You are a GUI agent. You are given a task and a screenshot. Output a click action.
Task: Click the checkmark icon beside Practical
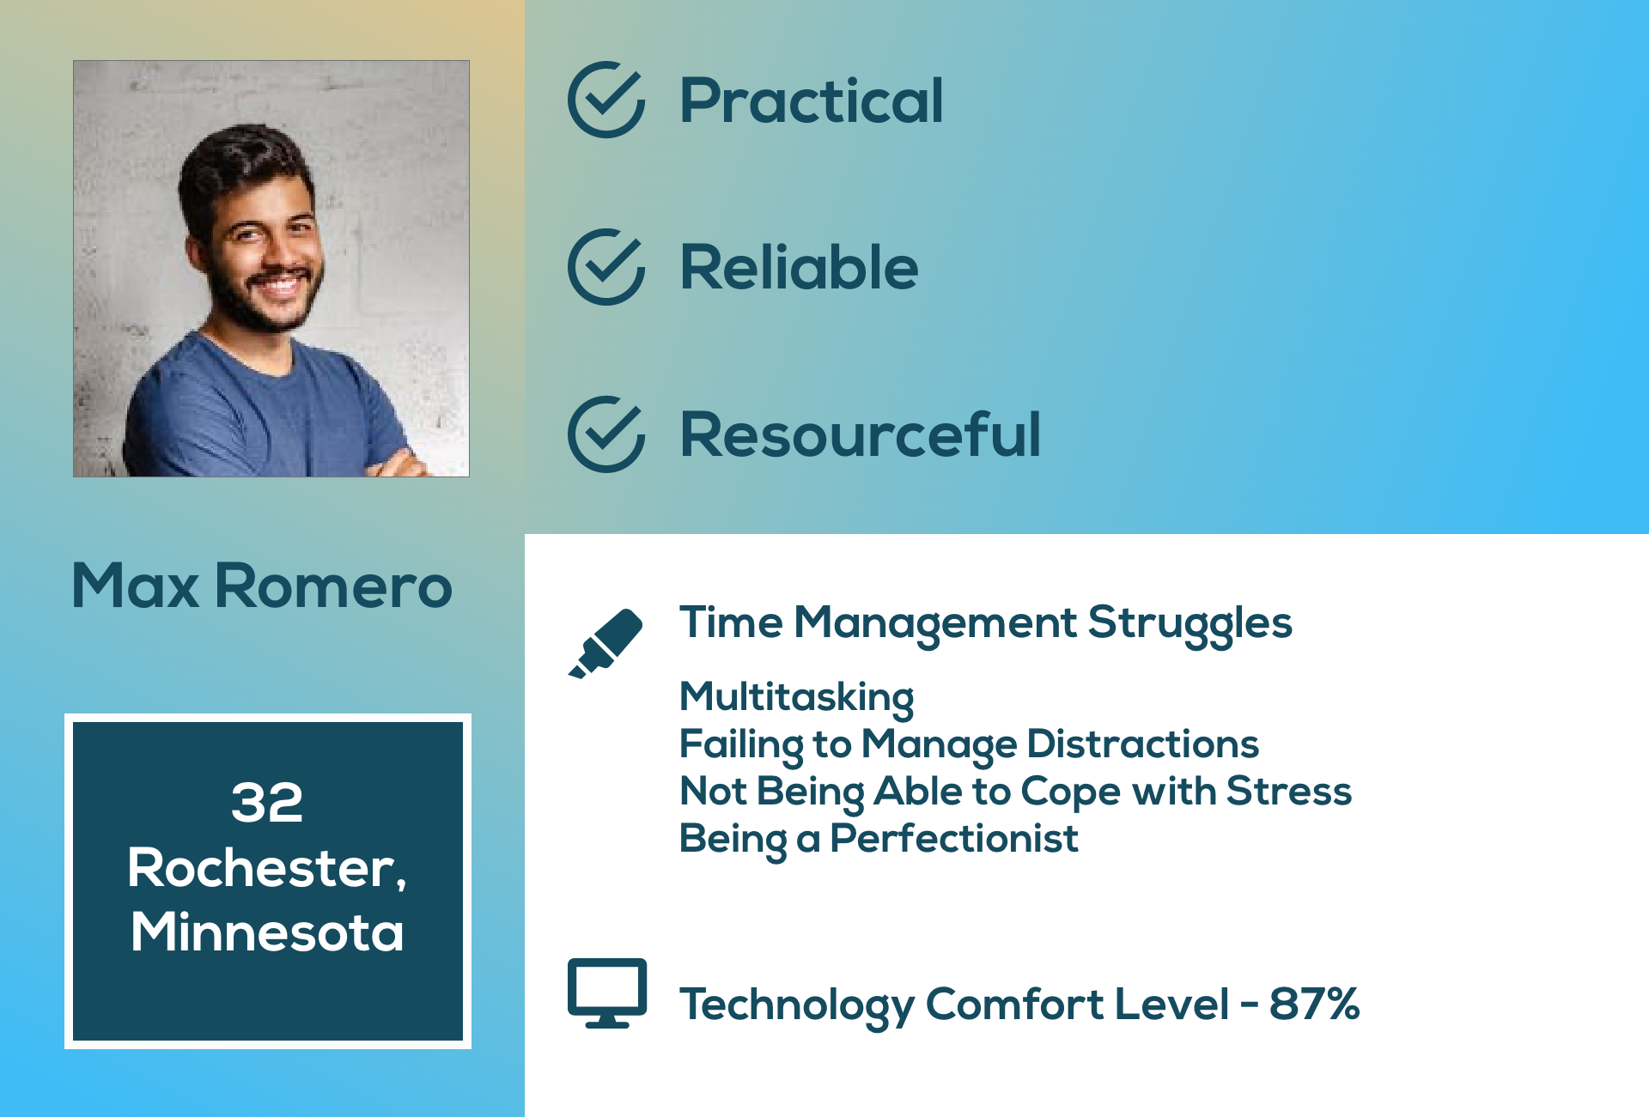605,100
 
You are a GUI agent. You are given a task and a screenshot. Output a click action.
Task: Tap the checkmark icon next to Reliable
605,267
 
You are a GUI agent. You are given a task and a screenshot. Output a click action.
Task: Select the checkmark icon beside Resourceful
605,434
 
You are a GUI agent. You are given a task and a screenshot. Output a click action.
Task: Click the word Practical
812,100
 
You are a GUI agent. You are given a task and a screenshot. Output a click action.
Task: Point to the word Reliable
799,267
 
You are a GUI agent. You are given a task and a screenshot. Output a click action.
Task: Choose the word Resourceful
861,434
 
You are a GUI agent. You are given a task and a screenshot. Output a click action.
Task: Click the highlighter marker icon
605,644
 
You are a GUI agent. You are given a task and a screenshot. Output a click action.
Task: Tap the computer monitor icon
607,993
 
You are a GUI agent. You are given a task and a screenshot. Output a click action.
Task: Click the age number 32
267,803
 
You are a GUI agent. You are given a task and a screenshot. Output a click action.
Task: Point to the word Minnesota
267,932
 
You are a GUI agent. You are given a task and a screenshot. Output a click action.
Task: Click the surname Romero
333,586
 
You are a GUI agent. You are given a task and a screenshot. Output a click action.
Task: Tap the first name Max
136,586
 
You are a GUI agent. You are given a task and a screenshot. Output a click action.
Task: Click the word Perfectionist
954,839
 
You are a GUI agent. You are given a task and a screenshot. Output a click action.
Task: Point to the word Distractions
1143,744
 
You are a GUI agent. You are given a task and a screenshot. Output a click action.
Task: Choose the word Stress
1289,791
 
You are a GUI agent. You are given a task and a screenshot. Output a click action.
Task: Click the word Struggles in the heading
1190,624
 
